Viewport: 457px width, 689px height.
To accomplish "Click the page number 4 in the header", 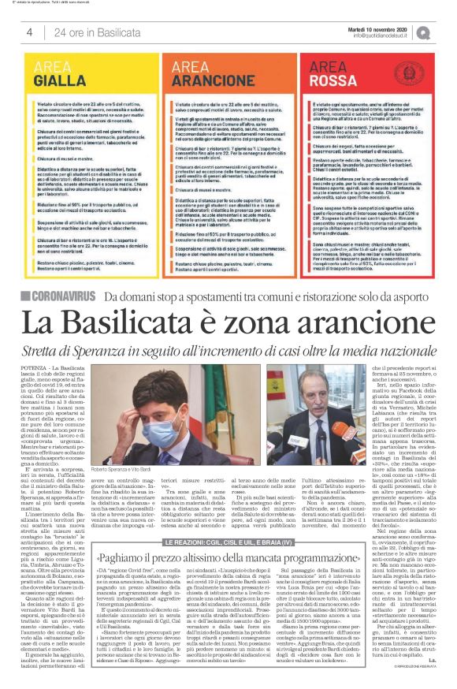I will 29,32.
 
